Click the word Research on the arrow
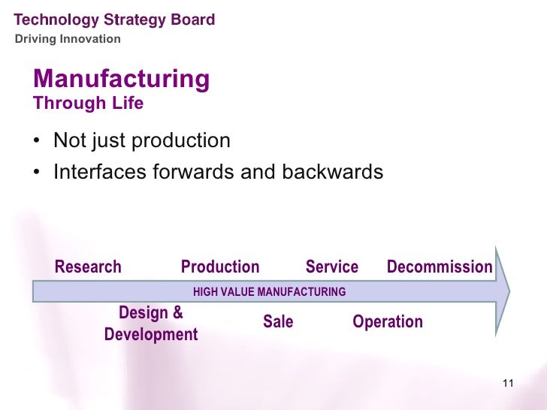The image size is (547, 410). click(x=88, y=267)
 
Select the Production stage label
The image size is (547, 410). click(x=220, y=267)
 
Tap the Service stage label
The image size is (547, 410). click(x=332, y=267)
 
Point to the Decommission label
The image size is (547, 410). click(x=440, y=267)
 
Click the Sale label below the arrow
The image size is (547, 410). click(x=278, y=322)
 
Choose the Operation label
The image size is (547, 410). click(x=388, y=322)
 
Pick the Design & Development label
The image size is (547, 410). click(x=151, y=324)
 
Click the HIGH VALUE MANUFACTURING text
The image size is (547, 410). click(x=270, y=291)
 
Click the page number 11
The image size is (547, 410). click(x=506, y=384)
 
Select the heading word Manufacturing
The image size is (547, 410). click(x=122, y=79)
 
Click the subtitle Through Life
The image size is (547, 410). click(x=89, y=104)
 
